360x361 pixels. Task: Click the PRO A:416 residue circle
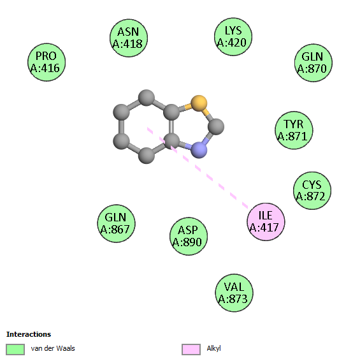(47, 62)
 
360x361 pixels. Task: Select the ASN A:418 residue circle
(129, 38)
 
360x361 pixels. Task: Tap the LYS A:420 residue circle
(233, 36)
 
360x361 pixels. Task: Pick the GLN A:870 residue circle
(313, 63)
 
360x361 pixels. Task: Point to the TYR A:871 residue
(294, 130)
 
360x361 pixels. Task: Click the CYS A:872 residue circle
(312, 191)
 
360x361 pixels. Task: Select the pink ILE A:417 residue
(266, 222)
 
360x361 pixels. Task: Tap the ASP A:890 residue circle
(189, 236)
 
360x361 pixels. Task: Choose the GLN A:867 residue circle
(116, 223)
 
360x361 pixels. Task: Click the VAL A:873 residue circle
(234, 293)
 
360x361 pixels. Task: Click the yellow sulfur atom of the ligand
(199, 103)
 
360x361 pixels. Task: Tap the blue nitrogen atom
(199, 150)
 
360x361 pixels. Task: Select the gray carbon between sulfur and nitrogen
(216, 127)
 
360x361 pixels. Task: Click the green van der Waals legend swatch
(15, 350)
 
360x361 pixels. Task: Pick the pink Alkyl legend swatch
(191, 350)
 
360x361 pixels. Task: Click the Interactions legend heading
(29, 334)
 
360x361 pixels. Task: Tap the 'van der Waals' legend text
(53, 348)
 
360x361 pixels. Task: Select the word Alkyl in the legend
(213, 348)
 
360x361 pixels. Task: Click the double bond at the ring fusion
(171, 127)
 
